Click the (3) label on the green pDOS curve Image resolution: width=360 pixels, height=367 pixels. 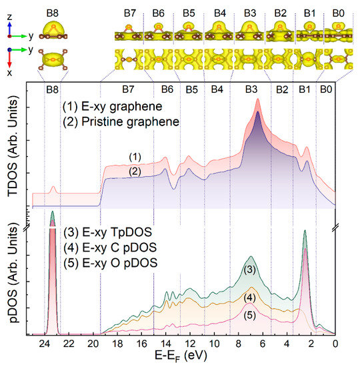tap(249, 270)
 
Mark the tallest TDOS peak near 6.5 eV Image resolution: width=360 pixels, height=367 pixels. tap(257, 112)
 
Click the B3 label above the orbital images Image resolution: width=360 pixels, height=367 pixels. tap(250, 11)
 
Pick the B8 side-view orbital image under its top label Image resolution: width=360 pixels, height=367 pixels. tap(53, 29)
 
